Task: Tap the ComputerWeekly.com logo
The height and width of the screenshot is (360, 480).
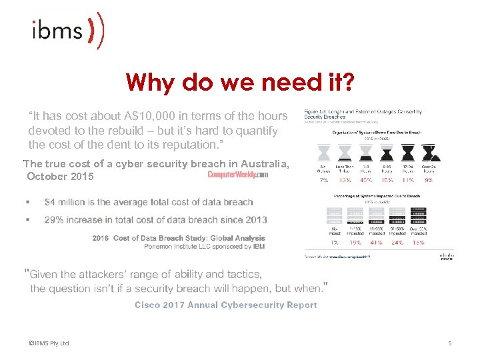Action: click(237, 175)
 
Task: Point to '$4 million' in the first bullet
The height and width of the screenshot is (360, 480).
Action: click(64, 202)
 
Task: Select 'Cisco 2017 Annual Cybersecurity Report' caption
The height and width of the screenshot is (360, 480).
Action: click(225, 305)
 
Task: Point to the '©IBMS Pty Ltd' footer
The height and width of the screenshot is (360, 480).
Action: click(49, 343)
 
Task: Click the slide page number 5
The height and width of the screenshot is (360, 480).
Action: click(449, 343)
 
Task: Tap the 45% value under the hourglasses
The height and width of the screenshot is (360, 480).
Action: click(366, 179)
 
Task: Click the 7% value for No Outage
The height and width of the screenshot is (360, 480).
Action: click(323, 179)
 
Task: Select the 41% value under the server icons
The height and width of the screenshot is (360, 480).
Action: click(375, 243)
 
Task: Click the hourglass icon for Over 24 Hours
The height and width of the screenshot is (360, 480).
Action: click(429, 153)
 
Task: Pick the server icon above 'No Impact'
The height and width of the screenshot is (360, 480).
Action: click(333, 216)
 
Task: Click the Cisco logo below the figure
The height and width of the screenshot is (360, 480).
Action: click(446, 257)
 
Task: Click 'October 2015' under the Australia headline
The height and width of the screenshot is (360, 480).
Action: click(61, 177)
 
